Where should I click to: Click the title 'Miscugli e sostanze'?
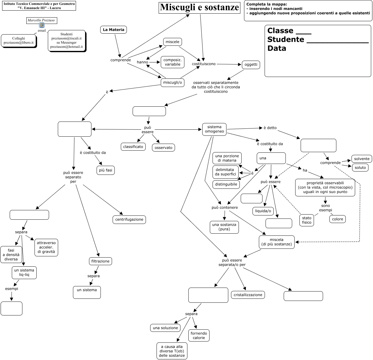[x=200, y=8]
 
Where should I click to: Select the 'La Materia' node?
[x=113, y=30]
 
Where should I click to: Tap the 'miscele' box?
[x=172, y=42]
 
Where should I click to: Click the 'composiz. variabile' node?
[x=173, y=62]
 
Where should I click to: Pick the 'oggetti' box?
[x=251, y=65]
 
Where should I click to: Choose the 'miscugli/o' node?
[x=173, y=82]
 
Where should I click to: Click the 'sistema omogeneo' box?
[x=214, y=129]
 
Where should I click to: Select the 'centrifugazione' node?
[x=129, y=219]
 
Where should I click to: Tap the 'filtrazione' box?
[x=101, y=261]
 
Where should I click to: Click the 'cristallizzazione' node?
[x=248, y=295]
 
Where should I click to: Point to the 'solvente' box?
[x=361, y=159]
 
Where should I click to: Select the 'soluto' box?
[x=360, y=167]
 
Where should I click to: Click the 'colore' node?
[x=337, y=219]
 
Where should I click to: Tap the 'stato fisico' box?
[x=306, y=220]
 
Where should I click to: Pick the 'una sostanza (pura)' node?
[x=224, y=227]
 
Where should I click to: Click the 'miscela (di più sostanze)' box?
[x=277, y=242]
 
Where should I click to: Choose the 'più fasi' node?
[x=105, y=170]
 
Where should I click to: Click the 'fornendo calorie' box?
[x=199, y=335]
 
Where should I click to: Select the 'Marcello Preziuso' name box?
[x=41, y=21]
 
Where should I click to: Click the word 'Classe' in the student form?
[x=280, y=31]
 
